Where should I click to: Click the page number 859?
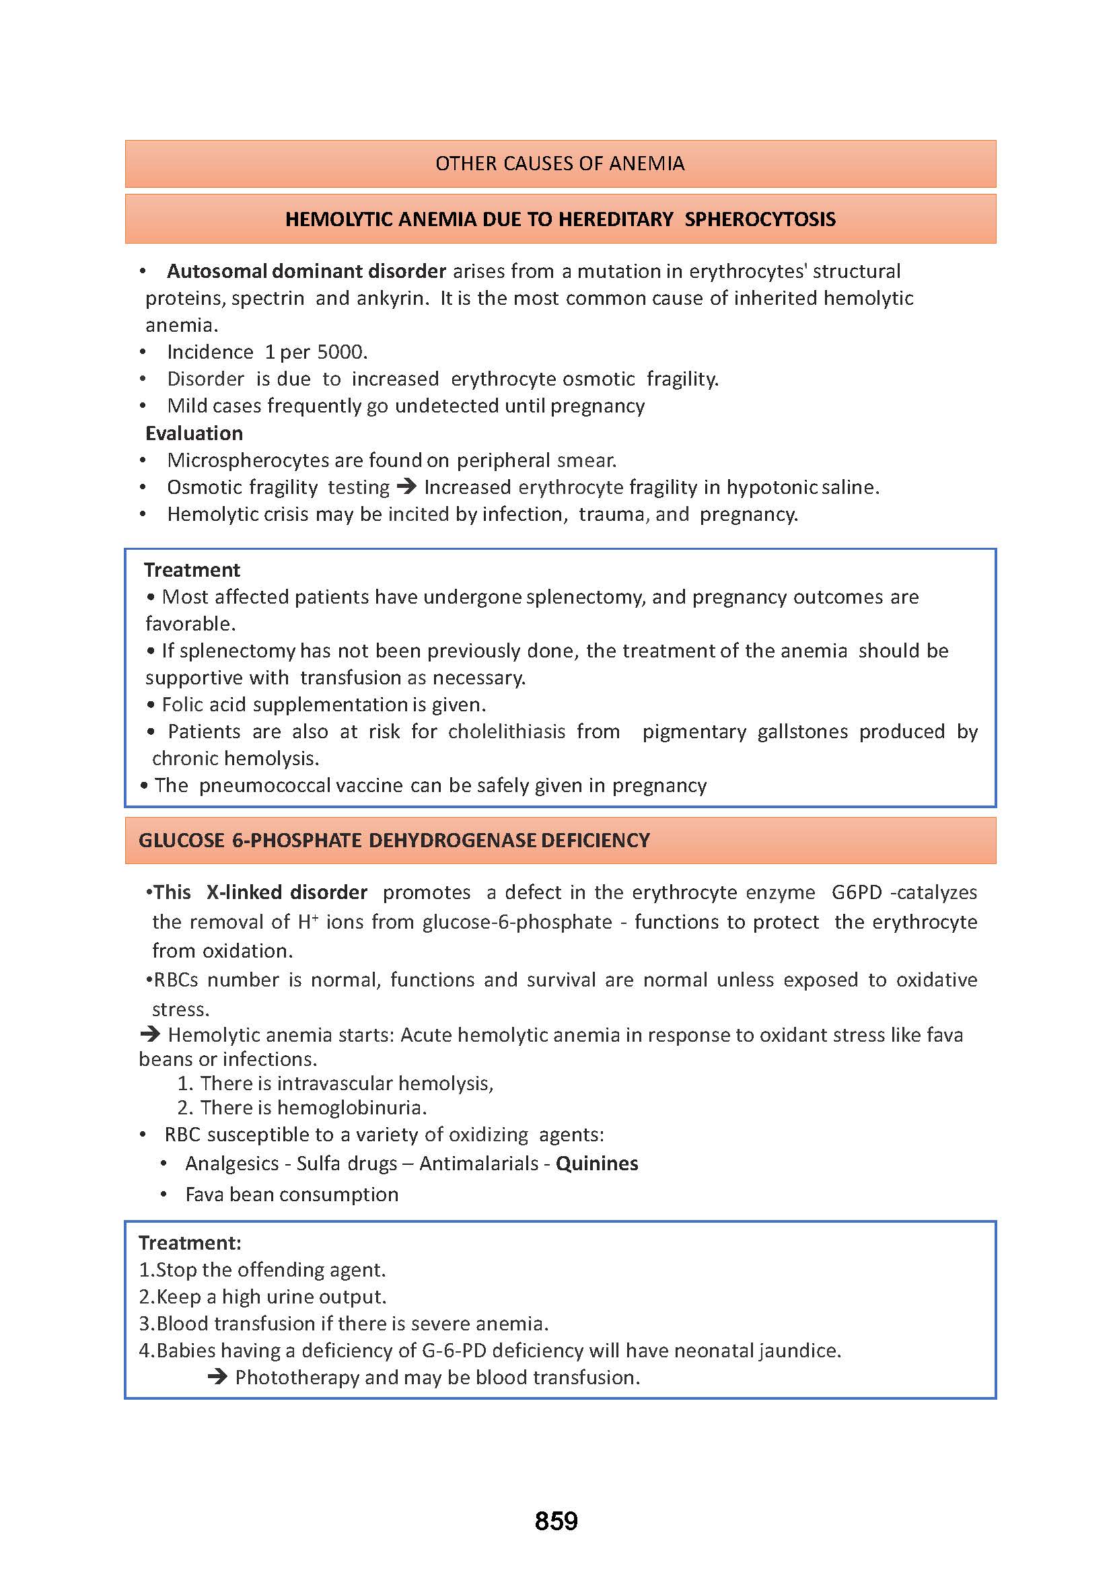[x=556, y=1521]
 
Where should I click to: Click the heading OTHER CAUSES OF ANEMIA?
[x=560, y=164]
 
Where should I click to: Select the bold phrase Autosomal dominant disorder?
[x=306, y=271]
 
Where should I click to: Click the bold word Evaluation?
[x=194, y=433]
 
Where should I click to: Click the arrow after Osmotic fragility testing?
[x=406, y=487]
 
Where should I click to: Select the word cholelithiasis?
[x=507, y=731]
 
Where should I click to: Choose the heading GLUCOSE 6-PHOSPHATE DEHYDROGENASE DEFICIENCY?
[x=394, y=840]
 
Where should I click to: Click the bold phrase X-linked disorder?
[x=287, y=892]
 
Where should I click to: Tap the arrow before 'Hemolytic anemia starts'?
[x=149, y=1034]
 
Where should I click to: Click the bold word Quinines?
[x=597, y=1164]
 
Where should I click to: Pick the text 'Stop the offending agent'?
[x=271, y=1270]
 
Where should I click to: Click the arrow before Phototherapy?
[x=217, y=1378]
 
